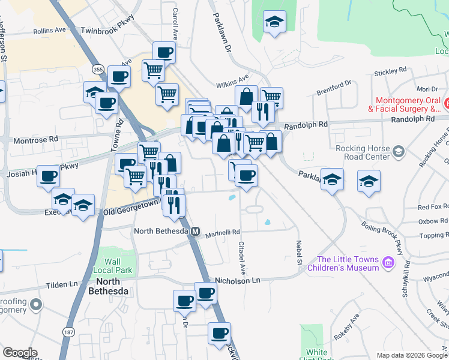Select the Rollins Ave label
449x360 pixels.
pos(50,29)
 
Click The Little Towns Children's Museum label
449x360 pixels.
pos(348,263)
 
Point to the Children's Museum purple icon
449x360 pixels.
pos(388,262)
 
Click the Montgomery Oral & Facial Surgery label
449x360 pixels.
pos(408,104)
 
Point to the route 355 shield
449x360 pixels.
pos(98,70)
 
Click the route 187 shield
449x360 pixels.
pos(66,331)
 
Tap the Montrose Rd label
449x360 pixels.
pos(37,139)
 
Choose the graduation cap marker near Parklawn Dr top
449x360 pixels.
pos(275,22)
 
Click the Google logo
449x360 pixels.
pos(20,353)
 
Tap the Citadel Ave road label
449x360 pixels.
pos(243,251)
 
